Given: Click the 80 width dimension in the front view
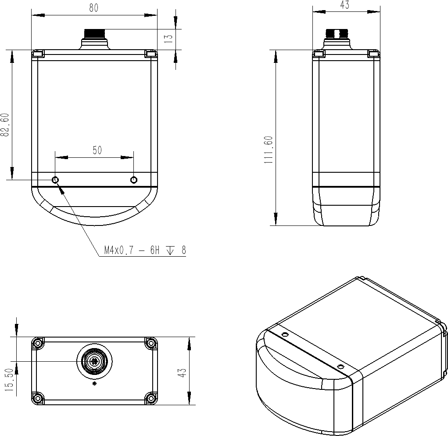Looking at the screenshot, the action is [94, 8].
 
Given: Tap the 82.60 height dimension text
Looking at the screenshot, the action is [5, 125].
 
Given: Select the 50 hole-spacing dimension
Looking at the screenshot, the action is [97, 150].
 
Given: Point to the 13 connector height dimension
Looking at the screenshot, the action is [169, 38].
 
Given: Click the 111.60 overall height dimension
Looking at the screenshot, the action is [269, 150].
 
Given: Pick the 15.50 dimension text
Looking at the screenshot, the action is [9, 380].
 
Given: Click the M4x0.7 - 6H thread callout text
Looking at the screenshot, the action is [132, 251].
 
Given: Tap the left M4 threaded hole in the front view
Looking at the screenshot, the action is [55, 180].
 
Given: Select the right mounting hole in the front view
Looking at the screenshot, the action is [134, 180].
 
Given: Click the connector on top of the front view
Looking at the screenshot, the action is [95, 39].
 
